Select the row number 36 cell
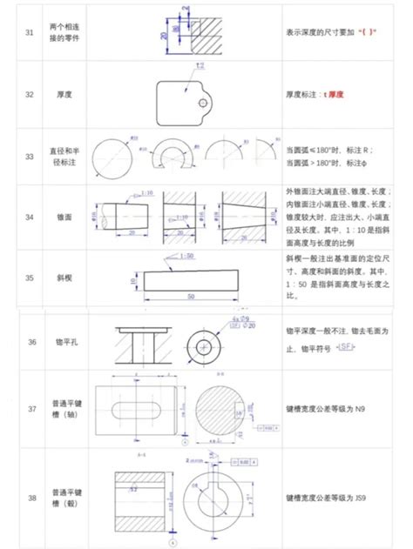pos(32,342)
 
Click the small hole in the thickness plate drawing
pos(203,103)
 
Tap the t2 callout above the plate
pos(200,66)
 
